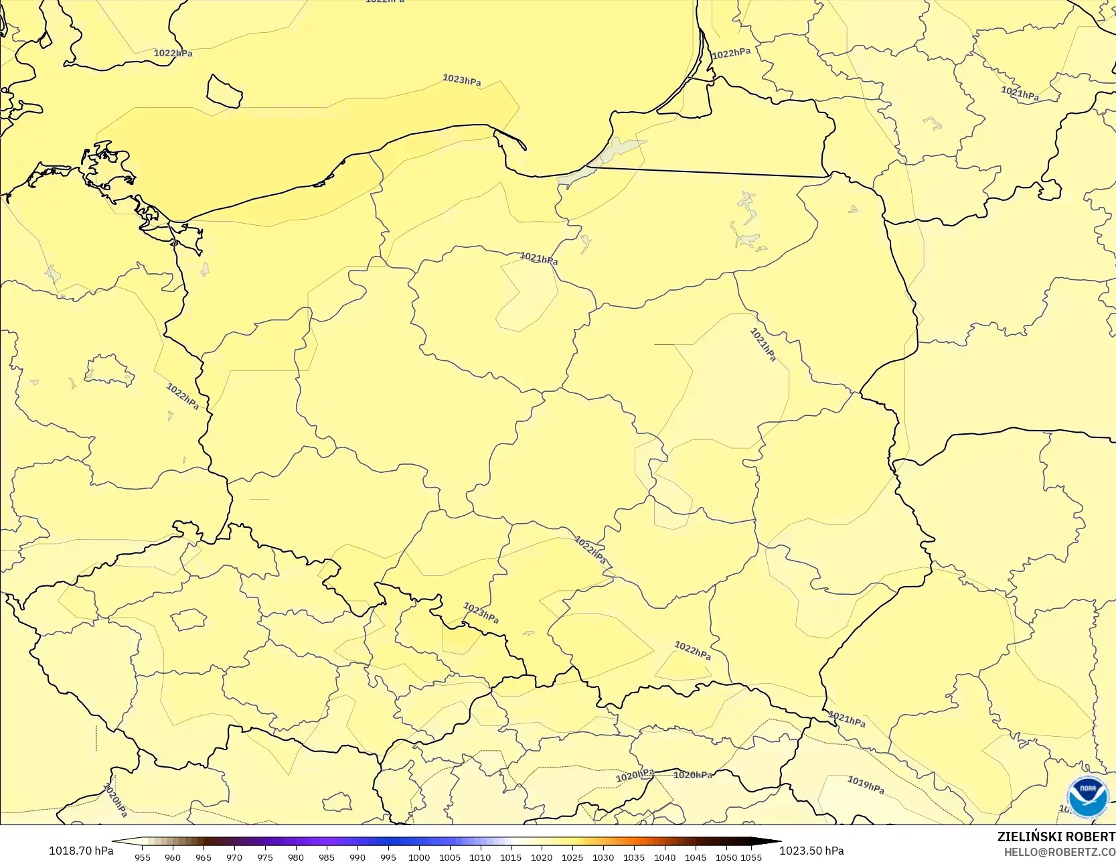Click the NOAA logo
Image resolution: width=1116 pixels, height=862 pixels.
tap(1088, 796)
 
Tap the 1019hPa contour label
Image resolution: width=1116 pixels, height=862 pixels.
tap(866, 784)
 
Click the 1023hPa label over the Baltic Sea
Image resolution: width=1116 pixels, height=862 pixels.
tap(461, 80)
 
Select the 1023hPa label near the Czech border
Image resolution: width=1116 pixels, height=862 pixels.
tap(481, 613)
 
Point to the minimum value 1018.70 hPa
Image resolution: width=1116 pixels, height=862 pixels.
tap(81, 851)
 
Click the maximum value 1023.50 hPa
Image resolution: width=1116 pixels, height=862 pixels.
tap(811, 851)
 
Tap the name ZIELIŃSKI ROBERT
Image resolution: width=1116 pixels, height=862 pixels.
tap(1056, 837)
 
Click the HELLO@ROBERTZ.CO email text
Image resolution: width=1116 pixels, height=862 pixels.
tap(1059, 852)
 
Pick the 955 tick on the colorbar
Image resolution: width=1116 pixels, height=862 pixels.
tap(142, 857)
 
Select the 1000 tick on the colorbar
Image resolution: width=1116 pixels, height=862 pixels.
tap(419, 857)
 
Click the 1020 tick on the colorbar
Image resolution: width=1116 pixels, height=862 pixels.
tap(542, 857)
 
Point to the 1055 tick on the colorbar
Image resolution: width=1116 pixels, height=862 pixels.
tap(751, 857)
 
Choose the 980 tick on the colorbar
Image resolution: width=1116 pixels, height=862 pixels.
tap(296, 857)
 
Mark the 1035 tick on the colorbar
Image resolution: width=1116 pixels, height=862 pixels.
tap(634, 857)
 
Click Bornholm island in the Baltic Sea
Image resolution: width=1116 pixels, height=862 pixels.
tap(224, 91)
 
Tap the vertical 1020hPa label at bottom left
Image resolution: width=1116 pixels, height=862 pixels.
tap(114, 800)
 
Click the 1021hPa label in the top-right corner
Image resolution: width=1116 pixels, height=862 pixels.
tap(1020, 94)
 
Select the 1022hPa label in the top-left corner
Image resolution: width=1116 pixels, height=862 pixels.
tap(173, 53)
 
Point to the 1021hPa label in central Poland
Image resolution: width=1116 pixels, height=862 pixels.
tap(539, 259)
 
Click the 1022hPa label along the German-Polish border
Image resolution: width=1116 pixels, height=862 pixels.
tap(182, 396)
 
